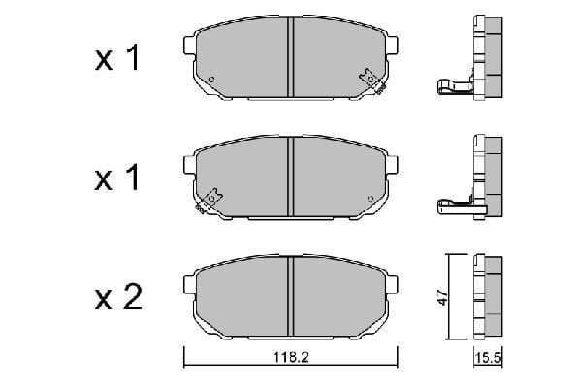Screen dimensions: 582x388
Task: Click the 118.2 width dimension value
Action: [x=291, y=357]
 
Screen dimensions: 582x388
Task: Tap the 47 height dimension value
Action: [x=442, y=297]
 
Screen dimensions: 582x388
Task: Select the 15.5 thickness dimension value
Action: [x=488, y=358]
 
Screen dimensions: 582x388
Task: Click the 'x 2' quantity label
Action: [x=118, y=298]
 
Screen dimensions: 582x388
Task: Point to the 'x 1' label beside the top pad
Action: [x=117, y=57]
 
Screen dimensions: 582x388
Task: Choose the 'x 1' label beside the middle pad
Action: [x=117, y=178]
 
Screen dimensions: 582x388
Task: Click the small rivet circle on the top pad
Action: [x=211, y=80]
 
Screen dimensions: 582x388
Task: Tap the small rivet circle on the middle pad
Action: [x=370, y=199]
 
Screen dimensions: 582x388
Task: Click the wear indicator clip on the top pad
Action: [x=372, y=81]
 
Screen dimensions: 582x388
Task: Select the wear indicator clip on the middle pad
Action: [x=209, y=201]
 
